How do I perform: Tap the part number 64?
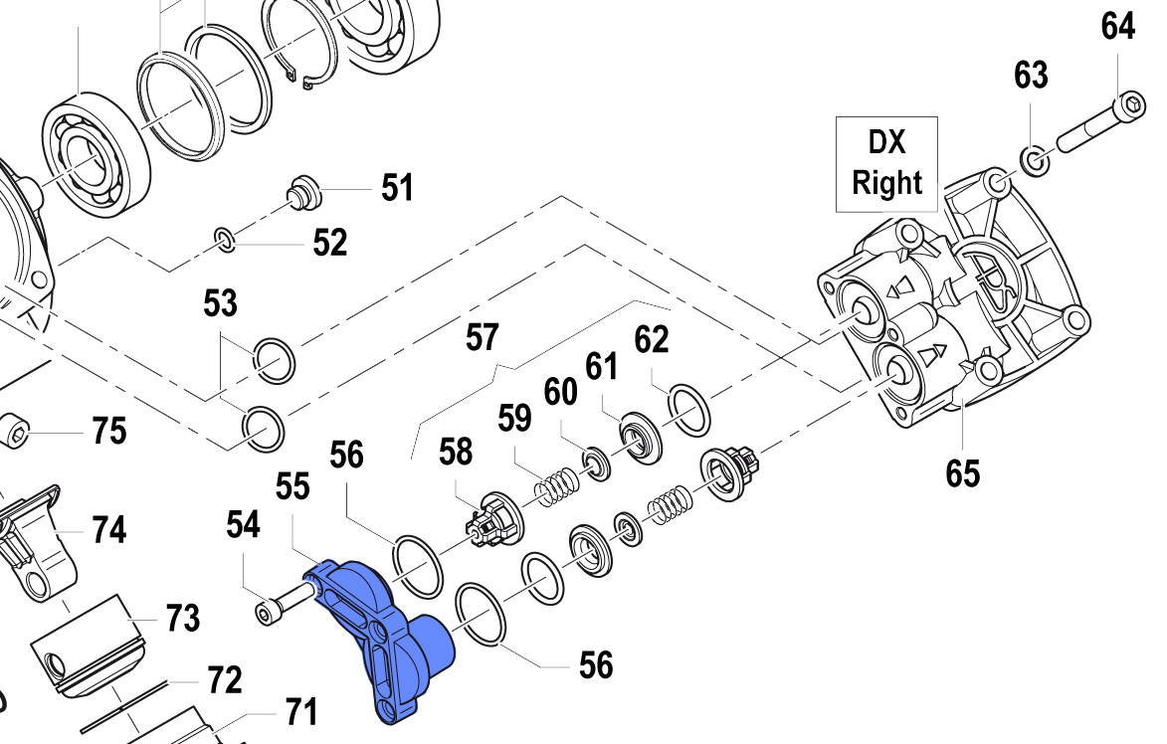coord(1117,27)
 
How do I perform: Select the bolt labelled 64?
coord(1094,124)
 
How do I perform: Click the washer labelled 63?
coord(1032,158)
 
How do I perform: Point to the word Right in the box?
coord(887,183)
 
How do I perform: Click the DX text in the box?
coord(887,143)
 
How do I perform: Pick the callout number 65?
coord(962,472)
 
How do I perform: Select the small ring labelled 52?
coord(225,238)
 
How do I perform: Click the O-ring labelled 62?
coord(688,409)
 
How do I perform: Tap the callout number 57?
coord(482,338)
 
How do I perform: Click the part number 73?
coord(182,619)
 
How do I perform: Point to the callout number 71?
coord(300,712)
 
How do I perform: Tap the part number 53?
coord(221,303)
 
